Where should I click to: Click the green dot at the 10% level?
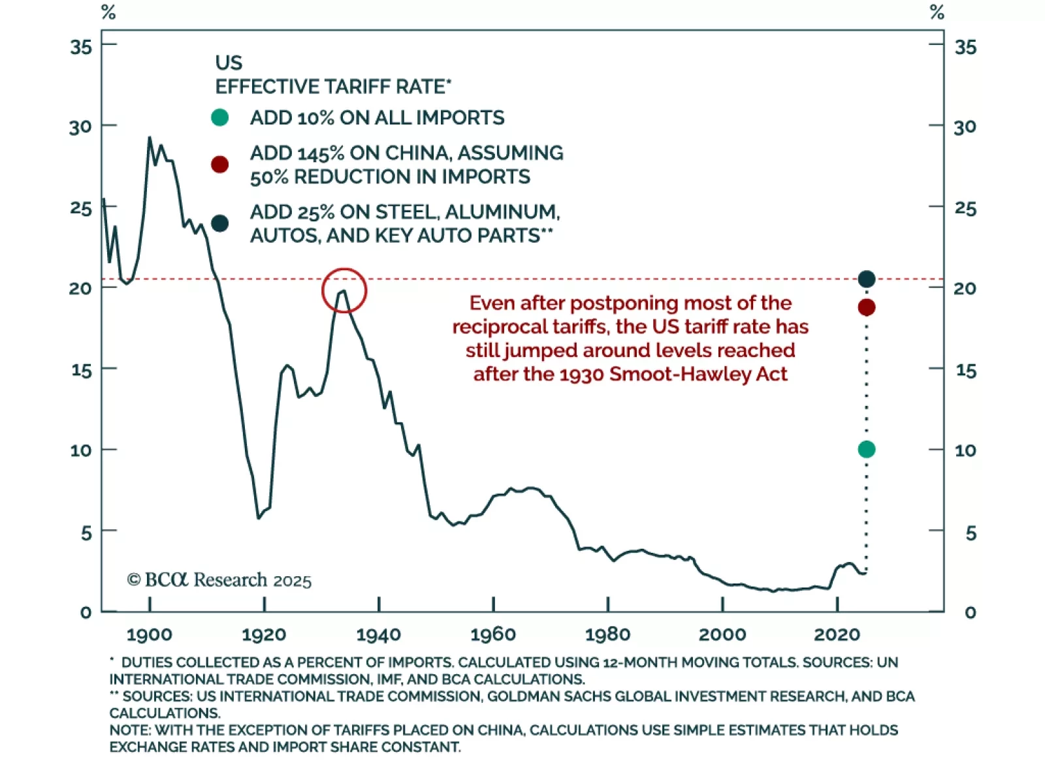coord(867,449)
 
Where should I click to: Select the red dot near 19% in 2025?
coord(867,307)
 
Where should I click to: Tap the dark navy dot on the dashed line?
coord(867,279)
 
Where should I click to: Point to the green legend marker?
coord(220,117)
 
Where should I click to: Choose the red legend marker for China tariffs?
coord(220,164)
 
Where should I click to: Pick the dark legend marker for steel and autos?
coord(220,223)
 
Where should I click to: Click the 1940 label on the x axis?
coord(379,634)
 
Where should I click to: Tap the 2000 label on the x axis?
coord(722,634)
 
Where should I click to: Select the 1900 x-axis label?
coord(150,634)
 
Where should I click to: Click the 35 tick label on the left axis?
coord(82,47)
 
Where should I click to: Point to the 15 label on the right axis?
coord(966,371)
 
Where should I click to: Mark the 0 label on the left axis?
coord(86,612)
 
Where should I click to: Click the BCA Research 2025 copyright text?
coord(219,580)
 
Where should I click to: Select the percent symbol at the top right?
coord(937,12)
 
